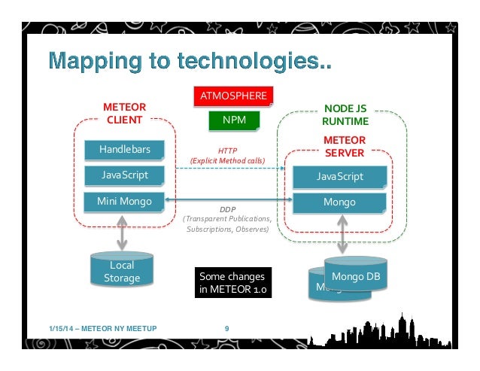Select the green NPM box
pyautogui.click(x=232, y=120)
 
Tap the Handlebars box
pyautogui.click(x=124, y=150)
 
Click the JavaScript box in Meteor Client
pyautogui.click(x=124, y=175)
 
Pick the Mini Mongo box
pyautogui.click(x=124, y=202)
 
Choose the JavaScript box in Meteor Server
pyautogui.click(x=339, y=176)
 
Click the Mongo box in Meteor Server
pyautogui.click(x=339, y=202)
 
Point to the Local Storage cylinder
pyautogui.click(x=121, y=272)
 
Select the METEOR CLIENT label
pyautogui.click(x=124, y=113)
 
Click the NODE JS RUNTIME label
pyautogui.click(x=345, y=114)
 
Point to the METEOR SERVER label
pyautogui.click(x=344, y=147)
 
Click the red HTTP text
pyautogui.click(x=227, y=150)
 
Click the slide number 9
pyautogui.click(x=227, y=327)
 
